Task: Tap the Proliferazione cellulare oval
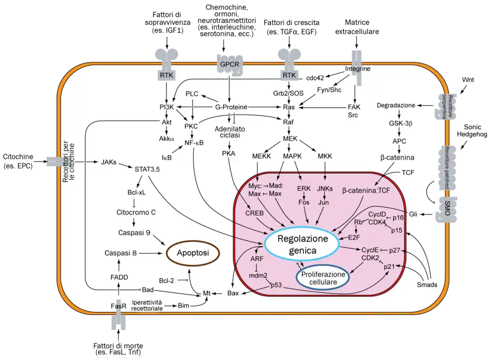(322, 278)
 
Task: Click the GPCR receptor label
(229, 64)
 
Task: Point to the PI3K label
(167, 107)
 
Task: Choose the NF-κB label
(194, 142)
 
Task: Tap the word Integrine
(358, 69)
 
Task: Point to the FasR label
(118, 306)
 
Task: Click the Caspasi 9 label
(134, 232)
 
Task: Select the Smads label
(427, 285)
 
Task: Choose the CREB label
(254, 212)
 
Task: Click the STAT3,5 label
(147, 168)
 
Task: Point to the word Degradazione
(396, 105)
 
